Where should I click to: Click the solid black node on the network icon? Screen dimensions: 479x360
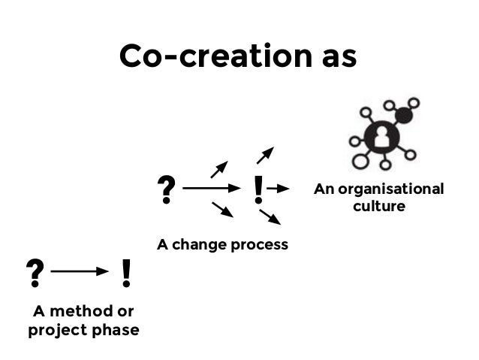pos(404,116)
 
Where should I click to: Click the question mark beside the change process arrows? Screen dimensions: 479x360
pos(164,191)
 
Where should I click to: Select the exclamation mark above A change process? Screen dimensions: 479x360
pos(259,191)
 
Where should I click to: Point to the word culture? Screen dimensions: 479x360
pos(379,205)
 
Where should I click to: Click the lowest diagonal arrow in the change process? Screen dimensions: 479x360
pos(270,217)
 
